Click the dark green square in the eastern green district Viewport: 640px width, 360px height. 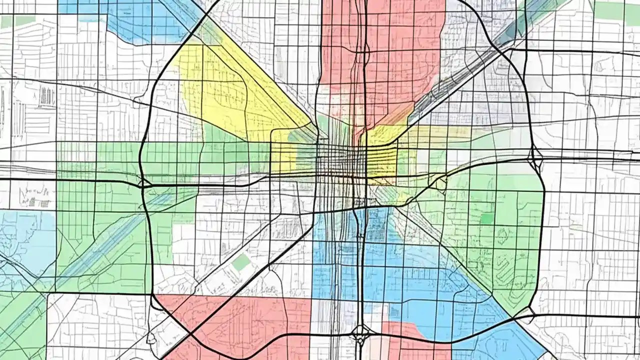[x=486, y=218]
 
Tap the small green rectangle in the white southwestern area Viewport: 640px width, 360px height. [x=241, y=262]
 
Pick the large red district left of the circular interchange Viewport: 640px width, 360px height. [x=235, y=320]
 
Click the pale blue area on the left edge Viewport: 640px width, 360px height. [x=25, y=240]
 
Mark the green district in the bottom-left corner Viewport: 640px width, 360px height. [x=20, y=325]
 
